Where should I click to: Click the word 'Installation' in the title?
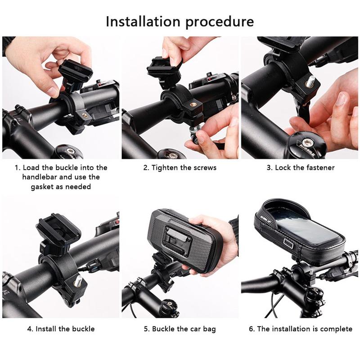pos(143,22)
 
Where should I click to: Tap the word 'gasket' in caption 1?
pos(42,187)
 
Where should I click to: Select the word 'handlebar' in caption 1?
pos(40,177)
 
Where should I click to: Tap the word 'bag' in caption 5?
pos(209,329)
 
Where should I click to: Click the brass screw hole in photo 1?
pos(85,114)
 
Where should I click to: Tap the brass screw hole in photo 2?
pos(193,105)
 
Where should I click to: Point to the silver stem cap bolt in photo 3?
pos(307,141)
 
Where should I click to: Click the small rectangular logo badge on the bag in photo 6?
pos(288,244)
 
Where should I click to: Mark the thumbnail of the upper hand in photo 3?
pos(342,98)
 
